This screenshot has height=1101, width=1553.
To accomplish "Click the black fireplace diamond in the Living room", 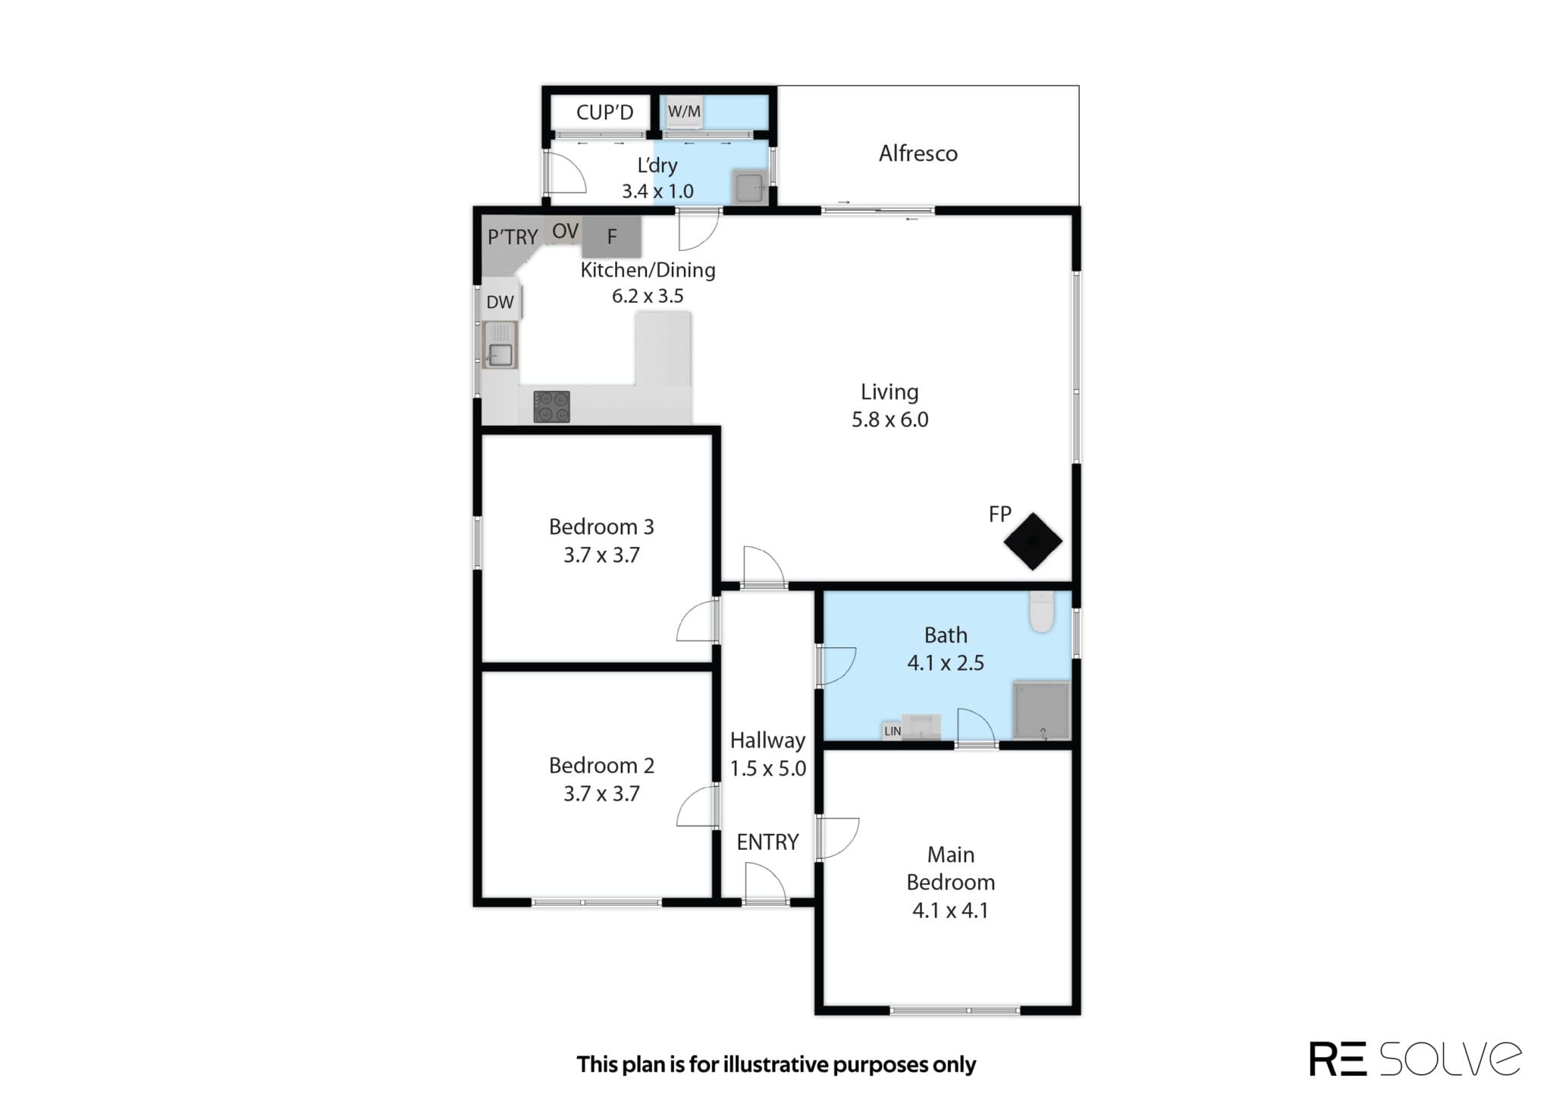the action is (1033, 541).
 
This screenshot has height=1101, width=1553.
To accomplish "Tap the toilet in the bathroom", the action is (1042, 612).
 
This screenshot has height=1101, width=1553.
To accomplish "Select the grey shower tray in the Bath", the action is (1042, 711).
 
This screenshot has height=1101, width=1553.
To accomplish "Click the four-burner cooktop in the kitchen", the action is (551, 406).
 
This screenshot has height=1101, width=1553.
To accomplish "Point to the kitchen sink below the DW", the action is (500, 345).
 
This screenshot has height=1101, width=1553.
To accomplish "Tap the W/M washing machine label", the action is (684, 112).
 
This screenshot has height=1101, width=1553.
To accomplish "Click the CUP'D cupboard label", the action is (604, 112).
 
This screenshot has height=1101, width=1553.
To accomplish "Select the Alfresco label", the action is (918, 153).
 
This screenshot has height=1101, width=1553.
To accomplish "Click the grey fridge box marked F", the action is (612, 237).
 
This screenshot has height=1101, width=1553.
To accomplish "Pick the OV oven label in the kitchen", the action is (566, 231).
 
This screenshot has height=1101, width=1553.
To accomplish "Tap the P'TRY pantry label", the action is (513, 237).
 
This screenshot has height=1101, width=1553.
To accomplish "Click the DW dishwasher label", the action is (500, 302).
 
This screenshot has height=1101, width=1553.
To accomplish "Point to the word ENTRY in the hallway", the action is (767, 841).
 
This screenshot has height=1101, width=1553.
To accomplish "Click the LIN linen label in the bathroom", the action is (893, 731).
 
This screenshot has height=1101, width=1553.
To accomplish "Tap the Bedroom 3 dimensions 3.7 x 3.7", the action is (601, 555).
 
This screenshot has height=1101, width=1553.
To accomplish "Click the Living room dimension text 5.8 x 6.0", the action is (889, 420).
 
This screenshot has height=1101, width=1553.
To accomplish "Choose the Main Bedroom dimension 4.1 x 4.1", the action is (950, 910).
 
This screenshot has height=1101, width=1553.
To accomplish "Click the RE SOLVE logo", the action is (1415, 1059).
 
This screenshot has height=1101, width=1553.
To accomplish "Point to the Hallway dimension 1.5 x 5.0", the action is (767, 768).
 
